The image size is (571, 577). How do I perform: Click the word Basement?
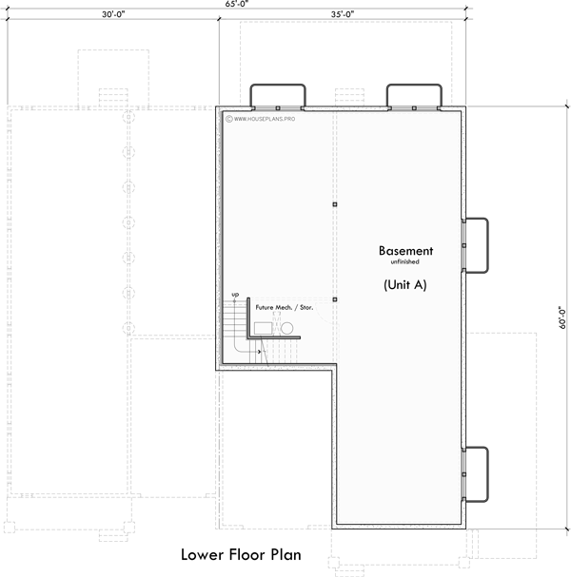point(405,251)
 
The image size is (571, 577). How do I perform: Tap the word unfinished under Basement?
point(405,262)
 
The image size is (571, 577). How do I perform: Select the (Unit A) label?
point(405,284)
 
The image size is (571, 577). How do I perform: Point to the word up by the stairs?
point(235,295)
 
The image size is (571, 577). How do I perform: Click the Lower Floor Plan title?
point(242,555)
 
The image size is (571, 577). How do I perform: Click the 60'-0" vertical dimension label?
point(562,317)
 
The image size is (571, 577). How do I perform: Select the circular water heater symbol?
point(287,329)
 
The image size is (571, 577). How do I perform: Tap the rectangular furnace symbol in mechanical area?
point(265,328)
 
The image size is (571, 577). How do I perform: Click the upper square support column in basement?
point(334,204)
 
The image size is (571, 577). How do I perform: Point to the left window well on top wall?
point(278,96)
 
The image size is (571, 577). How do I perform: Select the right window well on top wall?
point(414,96)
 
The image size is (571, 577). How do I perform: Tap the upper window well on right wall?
point(476,244)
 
